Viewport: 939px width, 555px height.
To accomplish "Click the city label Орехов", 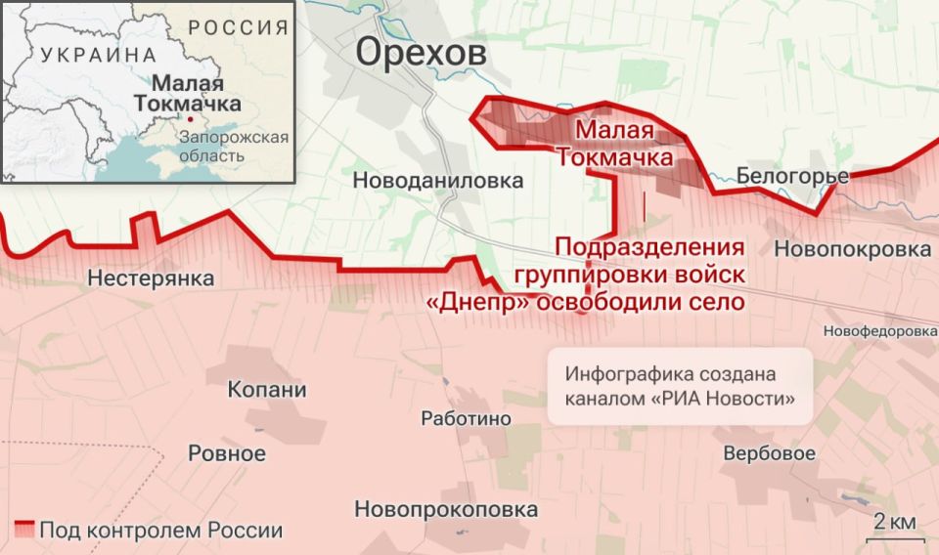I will tap(421, 53).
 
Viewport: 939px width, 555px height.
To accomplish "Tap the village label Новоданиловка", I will tap(437, 181).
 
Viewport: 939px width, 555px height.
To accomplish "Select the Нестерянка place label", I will tap(151, 278).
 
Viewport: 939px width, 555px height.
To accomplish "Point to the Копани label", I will tap(267, 390).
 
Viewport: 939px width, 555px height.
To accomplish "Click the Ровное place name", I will tap(226, 453).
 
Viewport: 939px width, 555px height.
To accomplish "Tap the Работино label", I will tap(466, 418).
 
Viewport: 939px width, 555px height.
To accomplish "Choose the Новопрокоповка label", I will tap(446, 509).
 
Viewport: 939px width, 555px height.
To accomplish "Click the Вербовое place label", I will tap(769, 453).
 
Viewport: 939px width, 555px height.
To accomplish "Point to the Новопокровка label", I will tap(852, 249).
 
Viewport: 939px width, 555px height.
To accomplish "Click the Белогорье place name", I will tap(792, 177).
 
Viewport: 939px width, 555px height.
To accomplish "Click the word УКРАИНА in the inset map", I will tap(98, 55).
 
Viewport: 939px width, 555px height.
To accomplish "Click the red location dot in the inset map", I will tap(191, 118).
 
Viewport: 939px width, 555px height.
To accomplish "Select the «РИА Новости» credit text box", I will tap(680, 387).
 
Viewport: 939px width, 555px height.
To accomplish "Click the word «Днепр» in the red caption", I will tap(479, 303).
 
